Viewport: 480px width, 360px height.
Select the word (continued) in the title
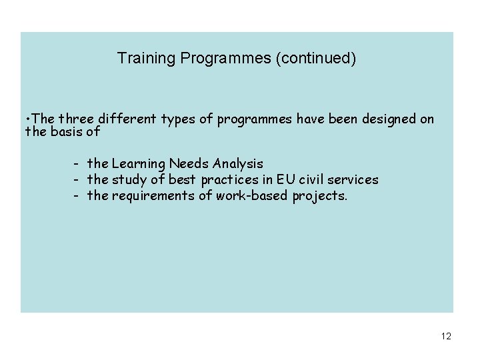click(315, 59)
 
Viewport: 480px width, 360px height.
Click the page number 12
click(446, 337)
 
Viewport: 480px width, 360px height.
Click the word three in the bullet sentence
click(77, 119)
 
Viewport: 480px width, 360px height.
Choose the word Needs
click(191, 163)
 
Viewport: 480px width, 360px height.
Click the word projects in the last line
click(319, 196)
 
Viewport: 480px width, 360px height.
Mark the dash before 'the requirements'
click(77, 196)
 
